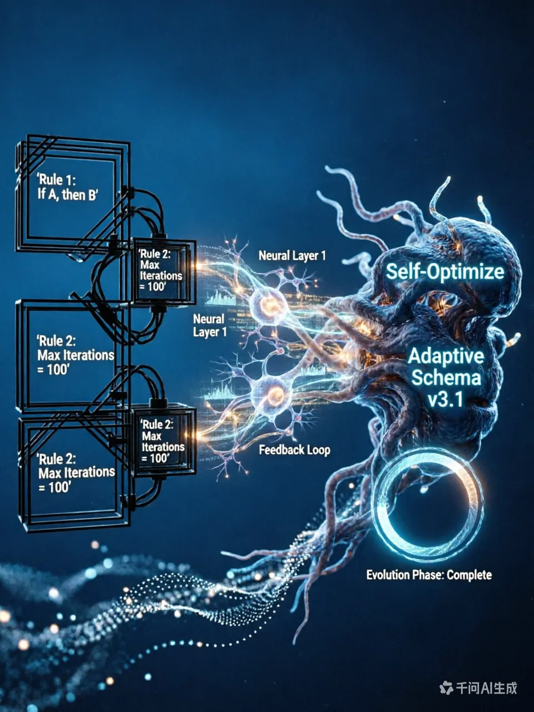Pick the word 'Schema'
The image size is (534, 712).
pyautogui.click(x=446, y=378)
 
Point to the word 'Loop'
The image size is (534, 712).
pyautogui.click(x=319, y=449)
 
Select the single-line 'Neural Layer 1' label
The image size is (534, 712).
pyautogui.click(x=292, y=256)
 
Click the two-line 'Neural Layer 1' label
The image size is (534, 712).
pyautogui.click(x=209, y=325)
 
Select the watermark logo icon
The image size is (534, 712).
pyautogui.click(x=446, y=688)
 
